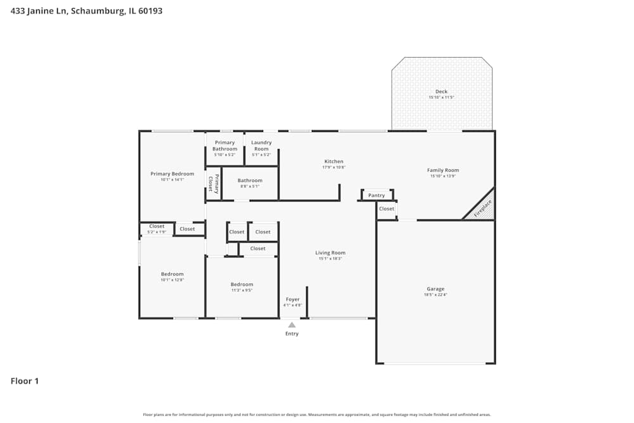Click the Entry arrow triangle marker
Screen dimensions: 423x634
coord(292,325)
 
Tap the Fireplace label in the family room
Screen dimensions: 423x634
coord(482,209)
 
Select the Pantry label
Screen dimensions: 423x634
coord(377,195)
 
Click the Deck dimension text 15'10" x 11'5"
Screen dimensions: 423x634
coord(441,97)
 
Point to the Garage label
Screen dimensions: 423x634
coord(435,289)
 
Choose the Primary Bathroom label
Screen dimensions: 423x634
coord(224,146)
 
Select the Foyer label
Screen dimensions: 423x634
coord(292,299)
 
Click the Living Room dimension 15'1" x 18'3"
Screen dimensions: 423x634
coord(330,259)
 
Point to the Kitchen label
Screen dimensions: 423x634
coord(333,162)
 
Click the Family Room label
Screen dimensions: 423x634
coord(443,170)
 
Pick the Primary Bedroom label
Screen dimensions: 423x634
coord(172,174)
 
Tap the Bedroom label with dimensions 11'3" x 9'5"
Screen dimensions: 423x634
coord(242,285)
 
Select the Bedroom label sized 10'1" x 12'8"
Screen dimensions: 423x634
coord(172,274)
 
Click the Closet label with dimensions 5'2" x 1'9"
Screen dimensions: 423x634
coord(157,226)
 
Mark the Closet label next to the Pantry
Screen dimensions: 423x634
coord(387,209)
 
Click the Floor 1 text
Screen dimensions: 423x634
coord(25,381)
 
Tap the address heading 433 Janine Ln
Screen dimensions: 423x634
coord(86,11)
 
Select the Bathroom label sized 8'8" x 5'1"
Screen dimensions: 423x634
coord(250,181)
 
